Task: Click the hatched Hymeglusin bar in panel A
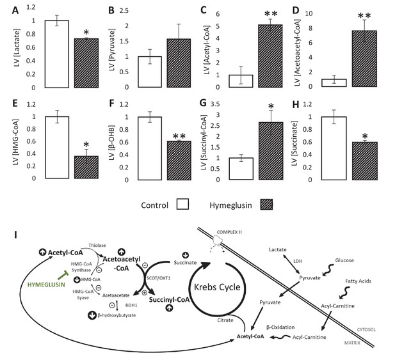(x=86, y=63)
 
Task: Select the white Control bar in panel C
(x=241, y=81)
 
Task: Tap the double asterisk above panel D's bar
(x=364, y=16)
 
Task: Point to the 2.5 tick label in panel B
(x=124, y=11)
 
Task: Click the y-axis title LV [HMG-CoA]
(x=16, y=143)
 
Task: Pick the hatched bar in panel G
(x=271, y=151)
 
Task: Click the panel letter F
(x=112, y=104)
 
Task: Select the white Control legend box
(x=182, y=204)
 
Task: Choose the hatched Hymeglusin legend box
(x=266, y=204)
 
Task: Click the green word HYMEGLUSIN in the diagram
(x=46, y=285)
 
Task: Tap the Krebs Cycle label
(x=217, y=287)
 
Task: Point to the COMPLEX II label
(x=229, y=232)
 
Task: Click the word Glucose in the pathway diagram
(x=344, y=260)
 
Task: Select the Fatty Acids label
(x=359, y=281)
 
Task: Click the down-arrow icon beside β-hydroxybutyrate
(x=92, y=315)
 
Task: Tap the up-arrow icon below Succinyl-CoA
(x=169, y=308)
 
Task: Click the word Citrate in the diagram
(x=225, y=320)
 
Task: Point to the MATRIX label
(x=352, y=343)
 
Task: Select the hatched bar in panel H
(x=364, y=161)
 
